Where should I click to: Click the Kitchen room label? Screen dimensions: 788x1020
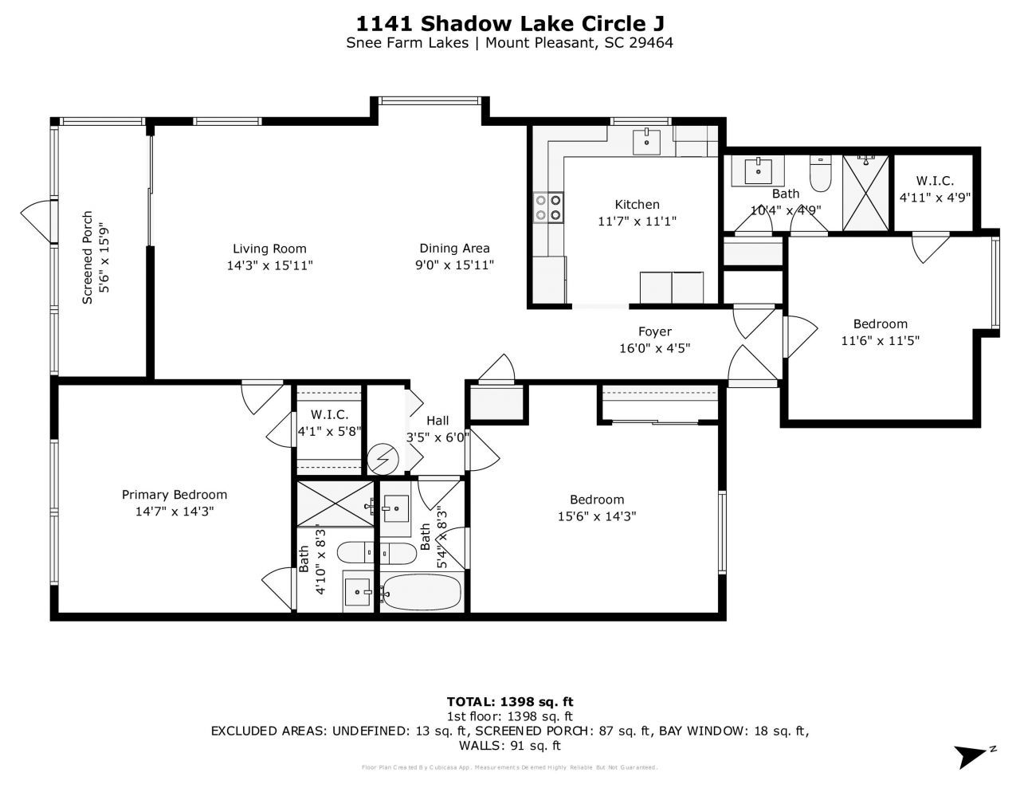[637, 205]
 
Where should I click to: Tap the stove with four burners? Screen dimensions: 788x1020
[548, 207]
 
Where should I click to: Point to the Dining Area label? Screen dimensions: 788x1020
[454, 249]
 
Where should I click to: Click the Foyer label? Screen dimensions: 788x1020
[654, 331]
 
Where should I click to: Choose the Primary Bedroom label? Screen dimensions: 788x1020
[175, 495]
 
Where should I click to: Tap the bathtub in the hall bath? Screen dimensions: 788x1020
[421, 592]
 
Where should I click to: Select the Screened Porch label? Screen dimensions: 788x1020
[88, 257]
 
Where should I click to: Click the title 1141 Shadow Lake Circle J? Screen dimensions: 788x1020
[509, 23]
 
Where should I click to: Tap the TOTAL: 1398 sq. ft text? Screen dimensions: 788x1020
[509, 702]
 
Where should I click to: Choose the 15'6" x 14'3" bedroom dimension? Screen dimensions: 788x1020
[596, 516]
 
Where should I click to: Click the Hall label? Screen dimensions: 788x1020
[437, 421]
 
